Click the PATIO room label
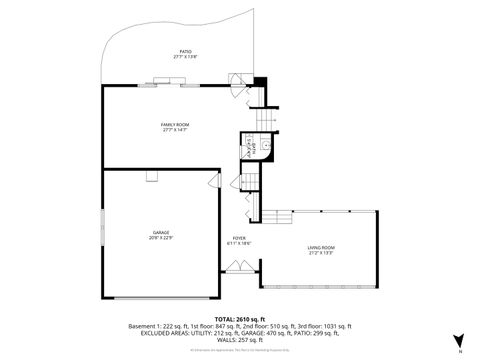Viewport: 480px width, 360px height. (185, 51)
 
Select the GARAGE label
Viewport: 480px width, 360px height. (160, 232)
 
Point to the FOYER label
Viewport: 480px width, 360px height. (238, 237)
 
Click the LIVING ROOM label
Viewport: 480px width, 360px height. (320, 248)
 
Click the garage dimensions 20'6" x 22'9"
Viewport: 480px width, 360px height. (160, 238)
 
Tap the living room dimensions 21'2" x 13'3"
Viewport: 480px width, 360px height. (320, 254)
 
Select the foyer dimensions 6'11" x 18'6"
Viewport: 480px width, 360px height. (238, 243)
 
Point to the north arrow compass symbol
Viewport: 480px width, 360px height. (459, 340)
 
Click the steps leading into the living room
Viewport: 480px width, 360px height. (270, 224)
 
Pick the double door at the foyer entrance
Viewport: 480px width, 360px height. (239, 266)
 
